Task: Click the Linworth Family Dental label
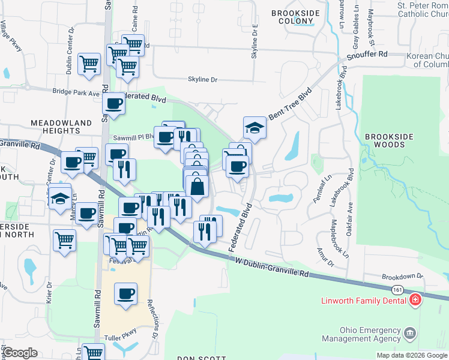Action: pyautogui.click(x=372, y=299)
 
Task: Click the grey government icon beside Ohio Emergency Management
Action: pyautogui.click(x=410, y=332)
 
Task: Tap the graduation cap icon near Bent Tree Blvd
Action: pyautogui.click(x=255, y=128)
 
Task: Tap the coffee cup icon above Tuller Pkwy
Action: pyautogui.click(x=125, y=294)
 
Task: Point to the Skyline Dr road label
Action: pyautogui.click(x=203, y=79)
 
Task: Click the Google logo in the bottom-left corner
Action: pyautogui.click(x=20, y=353)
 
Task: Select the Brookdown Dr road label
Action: pyautogui.click(x=403, y=277)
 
